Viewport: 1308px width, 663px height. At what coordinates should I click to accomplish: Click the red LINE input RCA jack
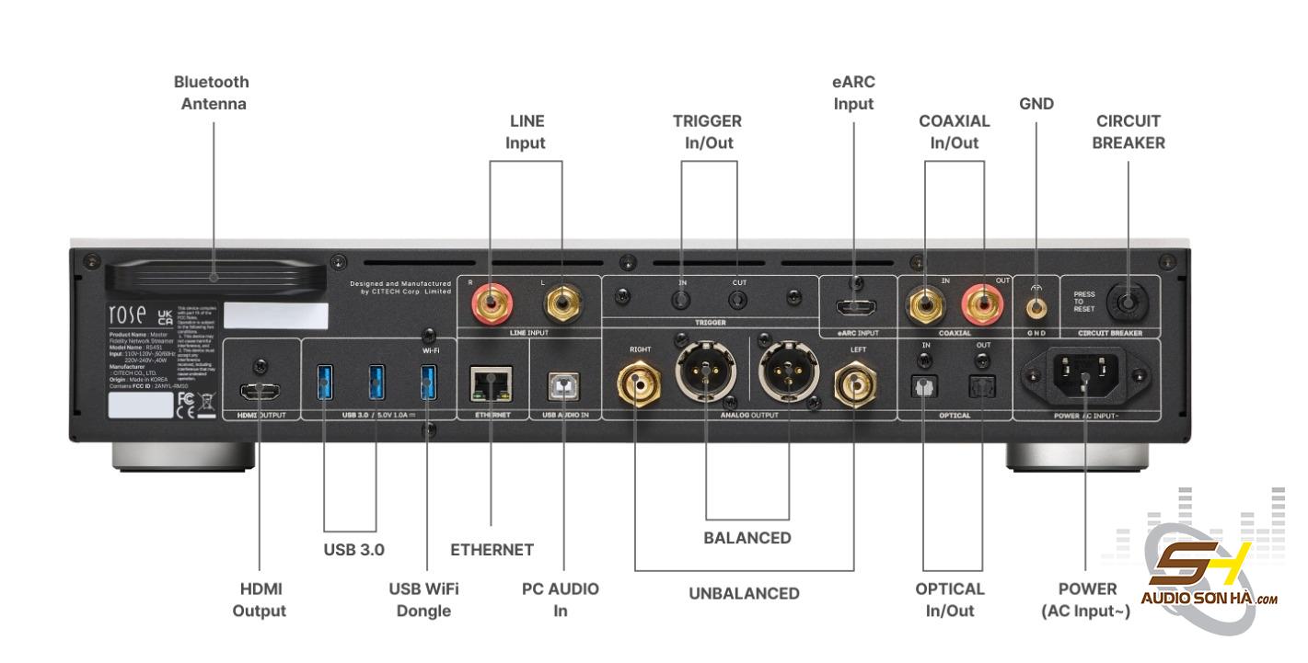489,301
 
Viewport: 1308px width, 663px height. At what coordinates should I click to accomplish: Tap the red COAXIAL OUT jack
981,301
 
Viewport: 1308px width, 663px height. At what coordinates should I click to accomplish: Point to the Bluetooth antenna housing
214,277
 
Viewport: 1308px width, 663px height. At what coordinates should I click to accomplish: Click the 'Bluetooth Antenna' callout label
213,93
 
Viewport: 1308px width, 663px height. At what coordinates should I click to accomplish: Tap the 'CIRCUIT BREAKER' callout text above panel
1128,131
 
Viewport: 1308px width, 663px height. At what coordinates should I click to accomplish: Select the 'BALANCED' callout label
747,538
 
